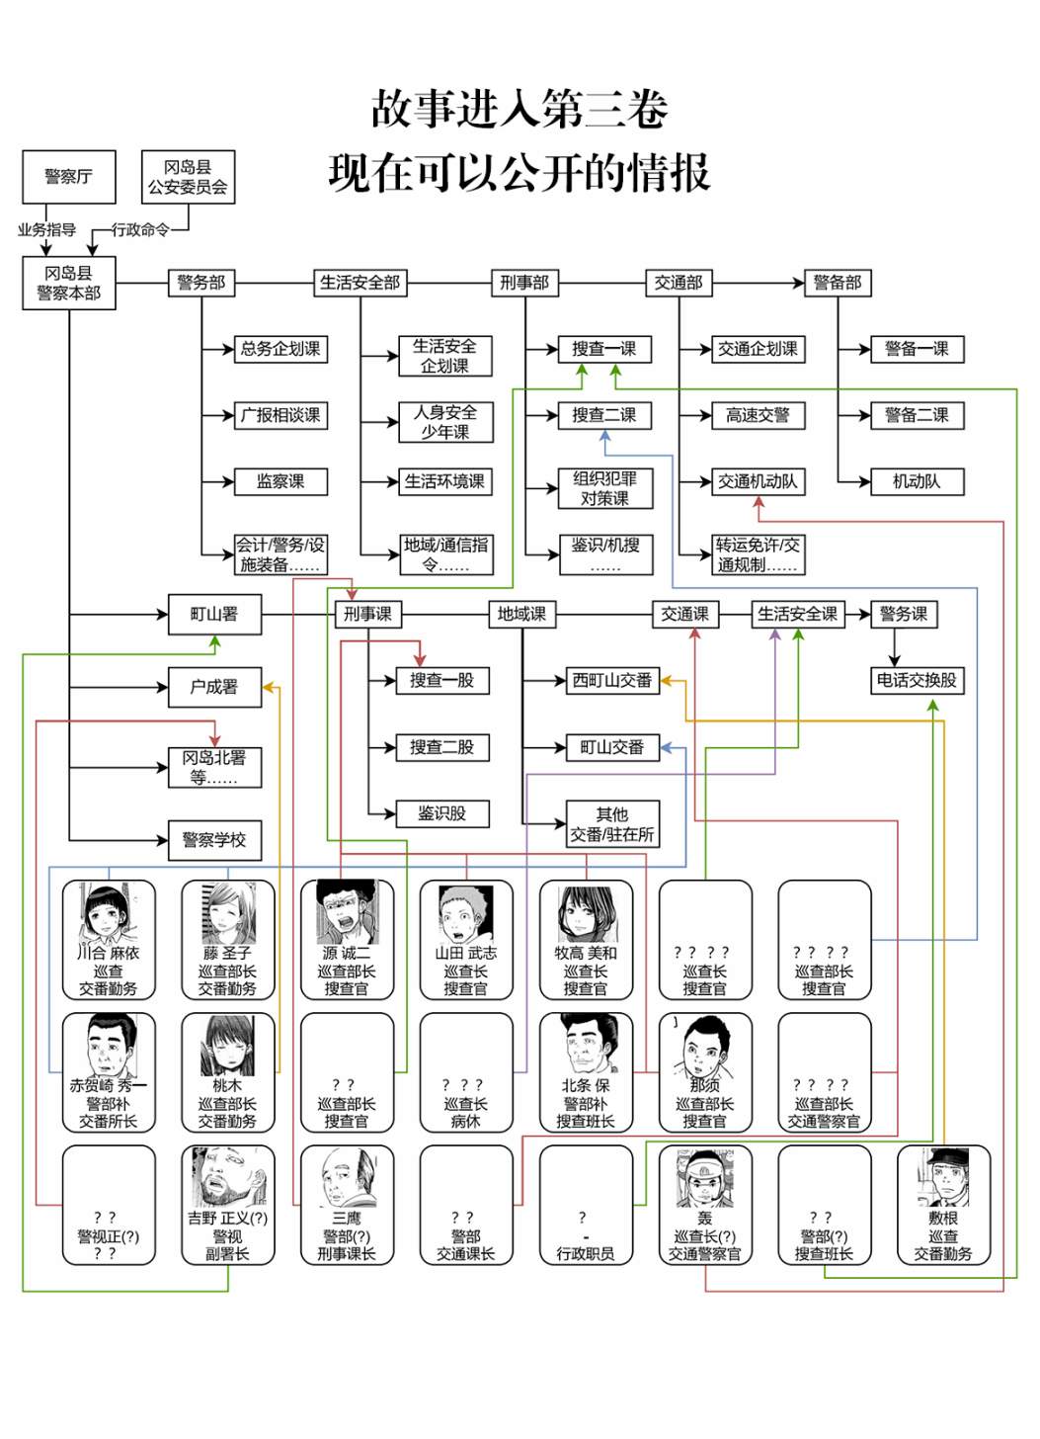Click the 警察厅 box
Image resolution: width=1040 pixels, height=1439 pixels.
69,177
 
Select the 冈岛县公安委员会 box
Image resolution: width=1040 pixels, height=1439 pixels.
188,177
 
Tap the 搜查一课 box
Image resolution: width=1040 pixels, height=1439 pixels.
604,350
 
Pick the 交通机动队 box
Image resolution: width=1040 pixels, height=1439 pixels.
759,482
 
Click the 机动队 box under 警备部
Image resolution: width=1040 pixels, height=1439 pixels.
918,482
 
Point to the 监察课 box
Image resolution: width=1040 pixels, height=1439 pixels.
281,482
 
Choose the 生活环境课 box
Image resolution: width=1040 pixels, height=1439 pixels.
445,482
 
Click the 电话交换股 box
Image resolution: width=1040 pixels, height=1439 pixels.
918,681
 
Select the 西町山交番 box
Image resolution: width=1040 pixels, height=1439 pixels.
612,681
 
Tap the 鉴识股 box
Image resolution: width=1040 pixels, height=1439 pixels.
442,814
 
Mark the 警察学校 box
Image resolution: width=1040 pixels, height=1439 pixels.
215,840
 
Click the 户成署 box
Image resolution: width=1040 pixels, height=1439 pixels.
215,688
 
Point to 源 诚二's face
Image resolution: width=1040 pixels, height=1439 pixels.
346,915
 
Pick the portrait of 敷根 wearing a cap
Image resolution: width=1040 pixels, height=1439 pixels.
944,1177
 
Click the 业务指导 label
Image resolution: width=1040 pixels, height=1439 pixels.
46,230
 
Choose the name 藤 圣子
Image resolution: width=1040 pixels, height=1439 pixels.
228,954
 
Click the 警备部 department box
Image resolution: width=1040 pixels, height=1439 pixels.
838,283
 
